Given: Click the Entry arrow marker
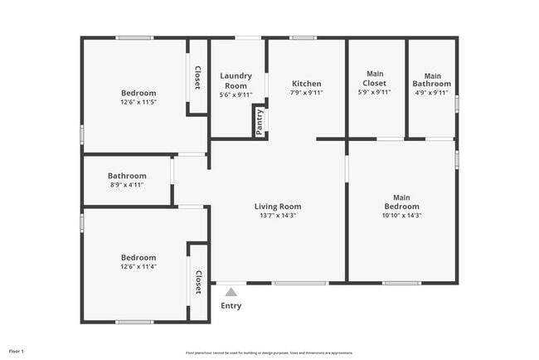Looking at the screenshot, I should click(x=231, y=291).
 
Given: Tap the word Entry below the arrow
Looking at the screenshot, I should click(x=231, y=306).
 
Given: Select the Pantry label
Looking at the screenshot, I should click(x=260, y=121).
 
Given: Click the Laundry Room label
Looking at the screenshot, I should click(x=236, y=80).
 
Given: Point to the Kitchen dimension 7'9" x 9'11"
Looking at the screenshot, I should click(x=307, y=93).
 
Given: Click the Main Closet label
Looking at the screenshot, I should click(x=375, y=78).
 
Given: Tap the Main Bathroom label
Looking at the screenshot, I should click(x=432, y=80).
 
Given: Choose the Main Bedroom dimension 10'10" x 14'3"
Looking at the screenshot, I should click(x=401, y=216).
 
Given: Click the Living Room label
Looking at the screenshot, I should click(x=278, y=207).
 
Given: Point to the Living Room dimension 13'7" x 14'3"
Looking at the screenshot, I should click(x=278, y=216).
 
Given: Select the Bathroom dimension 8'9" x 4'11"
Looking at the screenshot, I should click(x=127, y=185).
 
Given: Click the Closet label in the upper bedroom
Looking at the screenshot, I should click(x=197, y=77).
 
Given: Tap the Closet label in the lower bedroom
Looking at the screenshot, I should click(x=198, y=282).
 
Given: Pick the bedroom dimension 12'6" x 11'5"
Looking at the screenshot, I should click(x=138, y=102).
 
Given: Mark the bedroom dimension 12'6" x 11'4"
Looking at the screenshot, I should click(x=138, y=266).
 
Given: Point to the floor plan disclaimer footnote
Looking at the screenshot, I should click(x=269, y=352).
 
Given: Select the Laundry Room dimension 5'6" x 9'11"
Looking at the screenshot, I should click(x=236, y=95).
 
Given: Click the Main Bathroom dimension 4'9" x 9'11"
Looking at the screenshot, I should click(x=432, y=93).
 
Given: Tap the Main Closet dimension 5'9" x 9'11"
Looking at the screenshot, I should click(x=375, y=93).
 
